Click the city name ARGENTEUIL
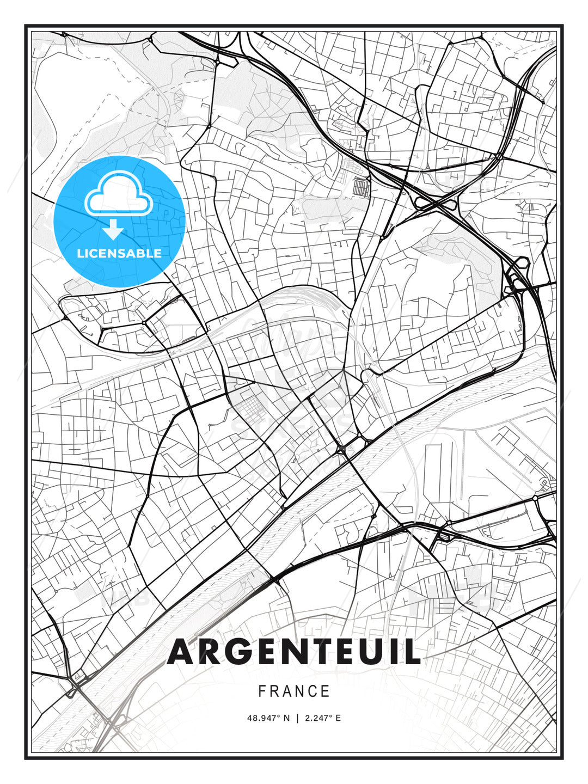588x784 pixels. click(294, 652)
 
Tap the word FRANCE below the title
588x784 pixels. click(294, 691)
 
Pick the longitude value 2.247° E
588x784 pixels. click(322, 718)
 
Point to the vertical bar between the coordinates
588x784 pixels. click(297, 718)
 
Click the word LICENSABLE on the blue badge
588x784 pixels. click(119, 253)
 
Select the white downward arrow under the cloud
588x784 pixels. click(113, 229)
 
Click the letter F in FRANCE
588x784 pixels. click(262, 691)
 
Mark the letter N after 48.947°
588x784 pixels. click(287, 718)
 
